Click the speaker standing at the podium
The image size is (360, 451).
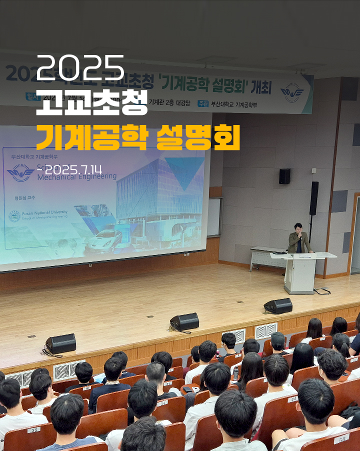coord(299,240)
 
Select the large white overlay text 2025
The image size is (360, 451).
coord(80,65)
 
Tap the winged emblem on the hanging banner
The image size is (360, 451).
coord(292,93)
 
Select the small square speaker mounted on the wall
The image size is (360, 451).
coord(284,176)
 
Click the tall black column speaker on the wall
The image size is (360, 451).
coord(314,198)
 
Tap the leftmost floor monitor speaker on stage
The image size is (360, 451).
coord(61,343)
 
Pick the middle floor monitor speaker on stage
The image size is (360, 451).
coord(184,321)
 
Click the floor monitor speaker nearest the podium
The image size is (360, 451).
coord(278,305)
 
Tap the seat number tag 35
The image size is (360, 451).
coord(33,429)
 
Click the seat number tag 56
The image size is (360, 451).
coord(341,439)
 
